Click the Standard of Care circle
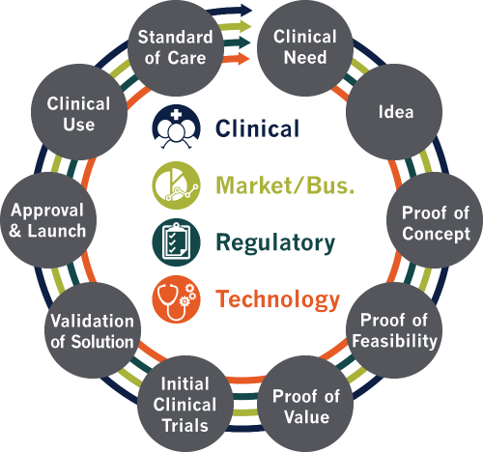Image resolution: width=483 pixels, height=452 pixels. coord(176,47)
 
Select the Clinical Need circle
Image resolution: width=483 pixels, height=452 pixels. coord(305,47)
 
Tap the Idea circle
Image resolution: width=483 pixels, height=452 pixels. coord(394,112)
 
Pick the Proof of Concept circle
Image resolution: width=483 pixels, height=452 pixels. coord(435,220)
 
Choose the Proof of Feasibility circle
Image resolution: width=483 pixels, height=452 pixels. coord(394,330)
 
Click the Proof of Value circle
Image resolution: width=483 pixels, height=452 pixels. coord(305,404)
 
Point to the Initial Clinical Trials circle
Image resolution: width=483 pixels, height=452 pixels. coord(185,404)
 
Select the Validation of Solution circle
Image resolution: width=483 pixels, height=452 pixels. coord(93,330)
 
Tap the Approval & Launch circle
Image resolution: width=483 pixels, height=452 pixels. coord(48,220)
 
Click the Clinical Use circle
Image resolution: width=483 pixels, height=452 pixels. coord(79,112)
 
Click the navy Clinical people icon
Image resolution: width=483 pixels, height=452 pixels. coord(176,127)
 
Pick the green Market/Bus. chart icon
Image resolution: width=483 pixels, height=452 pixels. coord(176,185)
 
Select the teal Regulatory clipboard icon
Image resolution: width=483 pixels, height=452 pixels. coord(176,242)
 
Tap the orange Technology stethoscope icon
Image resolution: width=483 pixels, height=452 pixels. coord(176,299)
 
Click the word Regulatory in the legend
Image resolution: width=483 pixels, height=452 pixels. coord(275,243)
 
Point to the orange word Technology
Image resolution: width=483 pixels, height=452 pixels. coord(277,300)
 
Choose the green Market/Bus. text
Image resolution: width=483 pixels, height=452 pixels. coord(285,185)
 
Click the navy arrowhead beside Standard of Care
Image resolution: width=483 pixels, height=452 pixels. coord(245,10)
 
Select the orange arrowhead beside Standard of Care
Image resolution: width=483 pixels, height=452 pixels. coord(243,58)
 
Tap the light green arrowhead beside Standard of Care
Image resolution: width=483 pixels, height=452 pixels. coord(245,26)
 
